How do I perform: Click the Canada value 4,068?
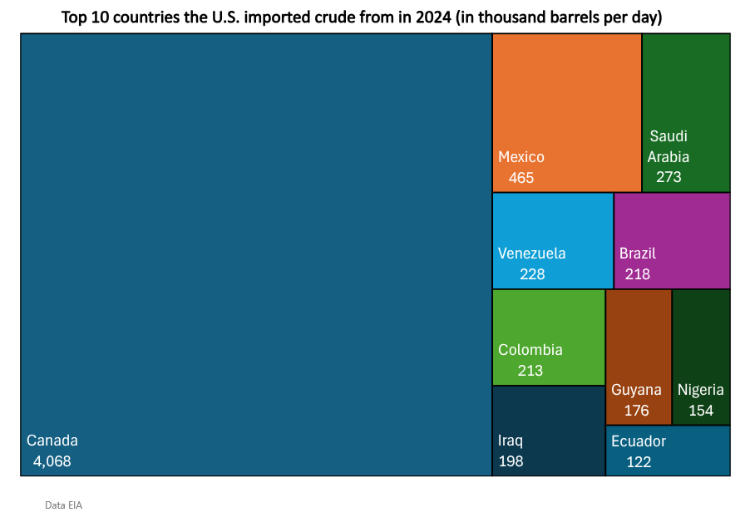[52, 461]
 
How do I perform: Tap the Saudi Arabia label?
[668, 146]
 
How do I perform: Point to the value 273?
[668, 177]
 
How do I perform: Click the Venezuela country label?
[531, 254]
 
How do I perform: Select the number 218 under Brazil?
[637, 273]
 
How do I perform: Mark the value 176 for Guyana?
[635, 411]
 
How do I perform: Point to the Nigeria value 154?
[700, 411]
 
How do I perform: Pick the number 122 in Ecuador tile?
[638, 462]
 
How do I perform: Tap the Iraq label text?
[511, 441]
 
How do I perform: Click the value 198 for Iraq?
[511, 461]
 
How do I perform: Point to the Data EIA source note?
[63, 505]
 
